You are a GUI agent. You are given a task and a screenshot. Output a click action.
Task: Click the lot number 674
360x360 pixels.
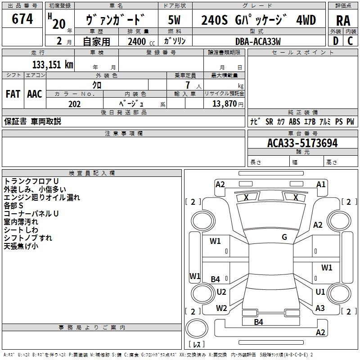click(22, 18)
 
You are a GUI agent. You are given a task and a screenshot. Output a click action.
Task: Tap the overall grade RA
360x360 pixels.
click(343, 21)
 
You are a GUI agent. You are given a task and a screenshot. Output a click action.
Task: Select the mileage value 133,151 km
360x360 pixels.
click(53, 64)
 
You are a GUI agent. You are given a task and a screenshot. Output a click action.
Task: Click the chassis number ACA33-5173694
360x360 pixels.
click(302, 143)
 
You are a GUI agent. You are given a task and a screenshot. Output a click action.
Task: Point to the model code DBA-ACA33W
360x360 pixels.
click(258, 41)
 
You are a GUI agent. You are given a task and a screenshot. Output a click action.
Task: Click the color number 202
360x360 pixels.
click(74, 104)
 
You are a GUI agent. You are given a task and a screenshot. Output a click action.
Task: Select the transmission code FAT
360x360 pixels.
click(13, 94)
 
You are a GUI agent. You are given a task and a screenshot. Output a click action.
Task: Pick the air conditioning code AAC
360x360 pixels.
click(35, 94)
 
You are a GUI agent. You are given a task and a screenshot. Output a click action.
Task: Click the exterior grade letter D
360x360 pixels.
click(336, 41)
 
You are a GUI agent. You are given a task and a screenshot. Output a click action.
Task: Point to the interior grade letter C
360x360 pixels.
click(350, 41)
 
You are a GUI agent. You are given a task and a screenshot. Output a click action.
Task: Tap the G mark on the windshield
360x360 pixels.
click(284, 237)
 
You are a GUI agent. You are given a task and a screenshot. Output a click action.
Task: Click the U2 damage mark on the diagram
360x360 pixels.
click(221, 292)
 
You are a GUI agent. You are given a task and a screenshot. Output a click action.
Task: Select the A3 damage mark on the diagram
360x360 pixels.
click(320, 308)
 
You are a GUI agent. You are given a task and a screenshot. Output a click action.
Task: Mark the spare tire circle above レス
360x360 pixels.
click(197, 328)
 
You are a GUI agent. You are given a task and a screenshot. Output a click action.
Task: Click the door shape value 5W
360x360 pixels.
click(175, 20)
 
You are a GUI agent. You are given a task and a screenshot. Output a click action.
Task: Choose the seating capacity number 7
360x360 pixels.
click(188, 85)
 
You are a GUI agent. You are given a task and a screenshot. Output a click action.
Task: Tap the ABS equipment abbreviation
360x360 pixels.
click(294, 121)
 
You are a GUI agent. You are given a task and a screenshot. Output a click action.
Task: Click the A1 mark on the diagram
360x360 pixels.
click(321, 184)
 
